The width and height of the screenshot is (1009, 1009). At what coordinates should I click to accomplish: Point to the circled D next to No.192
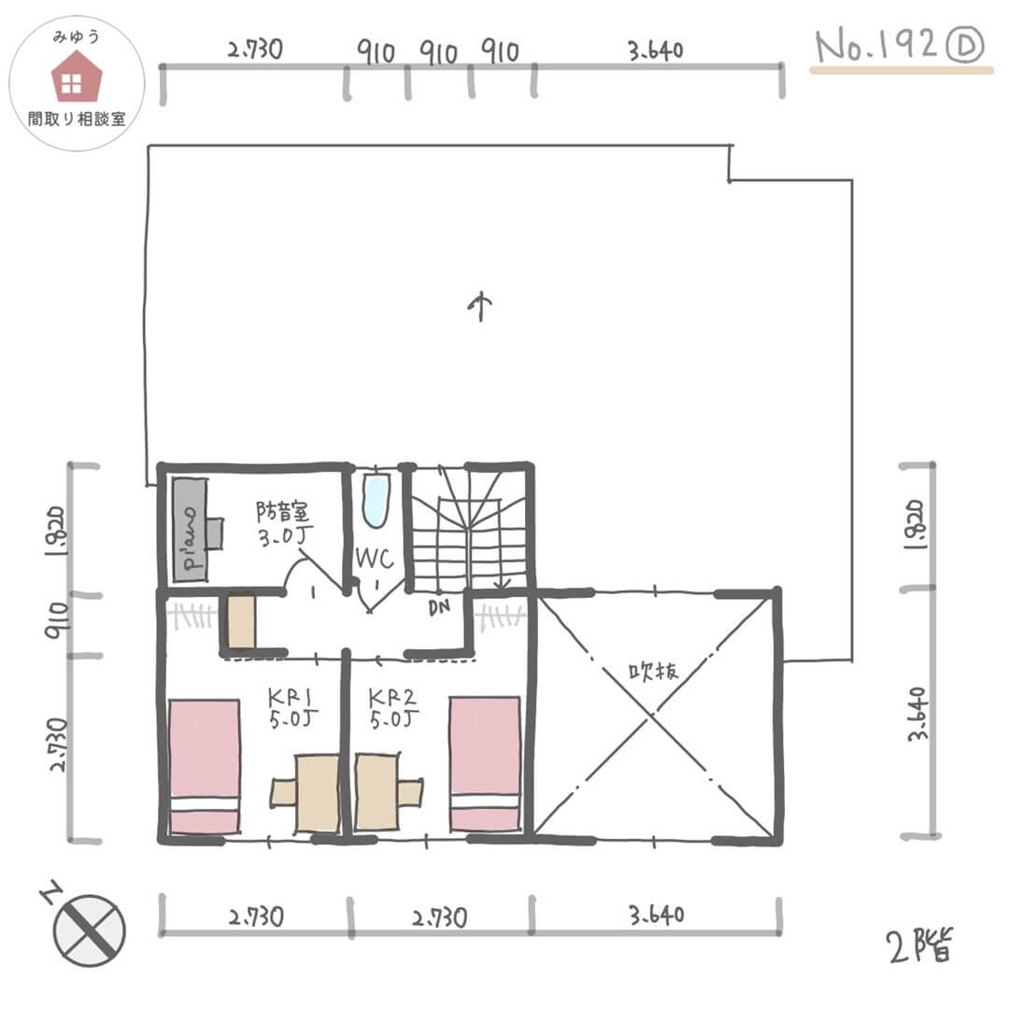[964, 47]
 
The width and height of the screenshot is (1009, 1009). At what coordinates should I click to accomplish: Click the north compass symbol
[89, 931]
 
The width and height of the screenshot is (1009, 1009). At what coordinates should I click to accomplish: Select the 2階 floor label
[919, 945]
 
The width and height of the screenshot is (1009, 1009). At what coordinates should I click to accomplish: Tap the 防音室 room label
[282, 512]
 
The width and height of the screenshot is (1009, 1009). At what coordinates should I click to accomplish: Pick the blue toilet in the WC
[377, 502]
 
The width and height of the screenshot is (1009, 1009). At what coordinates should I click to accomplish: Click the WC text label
[375, 558]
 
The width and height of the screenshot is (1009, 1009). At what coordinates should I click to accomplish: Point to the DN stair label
[439, 607]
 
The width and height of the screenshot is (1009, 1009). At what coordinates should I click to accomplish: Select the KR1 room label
[291, 698]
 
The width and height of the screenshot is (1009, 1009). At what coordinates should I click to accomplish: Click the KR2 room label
[391, 698]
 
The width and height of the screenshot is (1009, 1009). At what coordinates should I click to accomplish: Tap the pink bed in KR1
[204, 766]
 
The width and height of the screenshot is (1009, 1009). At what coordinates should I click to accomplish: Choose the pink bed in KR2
[485, 763]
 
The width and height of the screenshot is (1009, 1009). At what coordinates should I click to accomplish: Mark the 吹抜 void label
[653, 672]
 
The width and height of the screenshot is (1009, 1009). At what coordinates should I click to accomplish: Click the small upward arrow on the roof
[480, 307]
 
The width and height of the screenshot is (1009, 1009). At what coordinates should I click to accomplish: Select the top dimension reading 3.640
[655, 50]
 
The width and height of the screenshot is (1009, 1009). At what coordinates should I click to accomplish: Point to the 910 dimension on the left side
[57, 620]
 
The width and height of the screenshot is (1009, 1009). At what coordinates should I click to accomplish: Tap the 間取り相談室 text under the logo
[77, 119]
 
